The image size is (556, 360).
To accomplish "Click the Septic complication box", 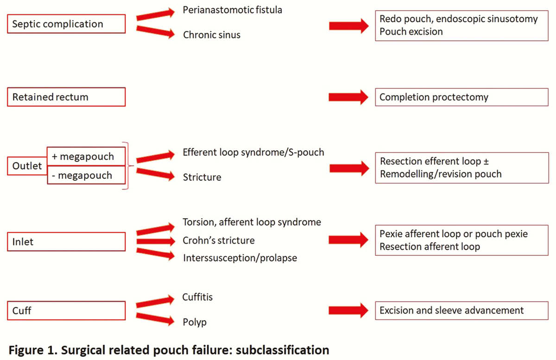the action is click(x=66, y=24).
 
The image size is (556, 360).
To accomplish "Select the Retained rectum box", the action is click(x=66, y=97).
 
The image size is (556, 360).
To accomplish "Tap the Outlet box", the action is click(x=27, y=166).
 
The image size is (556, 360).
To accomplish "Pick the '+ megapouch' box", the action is click(x=86, y=157).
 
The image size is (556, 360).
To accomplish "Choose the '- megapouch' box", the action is click(x=86, y=175).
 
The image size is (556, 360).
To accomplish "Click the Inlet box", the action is click(x=66, y=241).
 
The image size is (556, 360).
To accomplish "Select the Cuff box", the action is click(x=66, y=310).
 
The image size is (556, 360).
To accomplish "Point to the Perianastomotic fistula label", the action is click(x=232, y=10).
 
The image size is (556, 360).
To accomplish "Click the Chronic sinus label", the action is click(x=212, y=35).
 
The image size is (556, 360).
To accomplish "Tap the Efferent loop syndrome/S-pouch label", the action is click(x=253, y=152).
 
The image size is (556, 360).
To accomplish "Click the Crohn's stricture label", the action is click(x=219, y=240).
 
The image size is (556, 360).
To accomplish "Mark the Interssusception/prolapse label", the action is click(x=240, y=258).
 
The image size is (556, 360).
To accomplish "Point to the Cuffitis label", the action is click(x=197, y=297).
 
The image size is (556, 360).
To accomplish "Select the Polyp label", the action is click(x=195, y=322).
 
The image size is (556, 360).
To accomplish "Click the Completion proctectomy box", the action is click(x=461, y=97).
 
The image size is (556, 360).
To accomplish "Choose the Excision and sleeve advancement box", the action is click(x=461, y=310).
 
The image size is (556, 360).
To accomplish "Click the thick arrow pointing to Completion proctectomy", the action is click(x=348, y=97).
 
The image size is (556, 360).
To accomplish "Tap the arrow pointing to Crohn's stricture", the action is click(x=156, y=241).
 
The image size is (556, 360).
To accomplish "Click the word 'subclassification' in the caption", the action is click(x=283, y=350).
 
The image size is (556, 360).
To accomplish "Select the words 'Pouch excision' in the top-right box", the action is click(x=411, y=32).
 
